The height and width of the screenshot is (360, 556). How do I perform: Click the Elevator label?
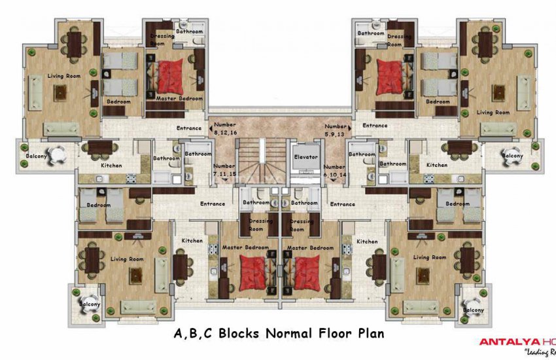click(x=305, y=157)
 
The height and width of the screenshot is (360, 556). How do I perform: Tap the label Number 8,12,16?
click(x=224, y=128)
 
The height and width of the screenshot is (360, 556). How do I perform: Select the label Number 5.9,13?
click(x=336, y=130)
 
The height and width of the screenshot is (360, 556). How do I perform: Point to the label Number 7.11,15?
click(x=224, y=170)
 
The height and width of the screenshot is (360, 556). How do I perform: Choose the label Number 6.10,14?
click(x=334, y=171)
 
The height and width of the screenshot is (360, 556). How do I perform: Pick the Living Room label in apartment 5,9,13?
click(x=493, y=113)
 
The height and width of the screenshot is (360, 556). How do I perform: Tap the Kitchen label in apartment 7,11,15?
click(x=192, y=241)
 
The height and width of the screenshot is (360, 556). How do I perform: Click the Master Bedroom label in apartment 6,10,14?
click(x=310, y=247)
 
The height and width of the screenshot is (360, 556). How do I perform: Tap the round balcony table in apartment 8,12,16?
click(x=58, y=156)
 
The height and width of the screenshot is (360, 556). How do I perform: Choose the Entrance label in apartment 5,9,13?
click(x=375, y=125)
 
